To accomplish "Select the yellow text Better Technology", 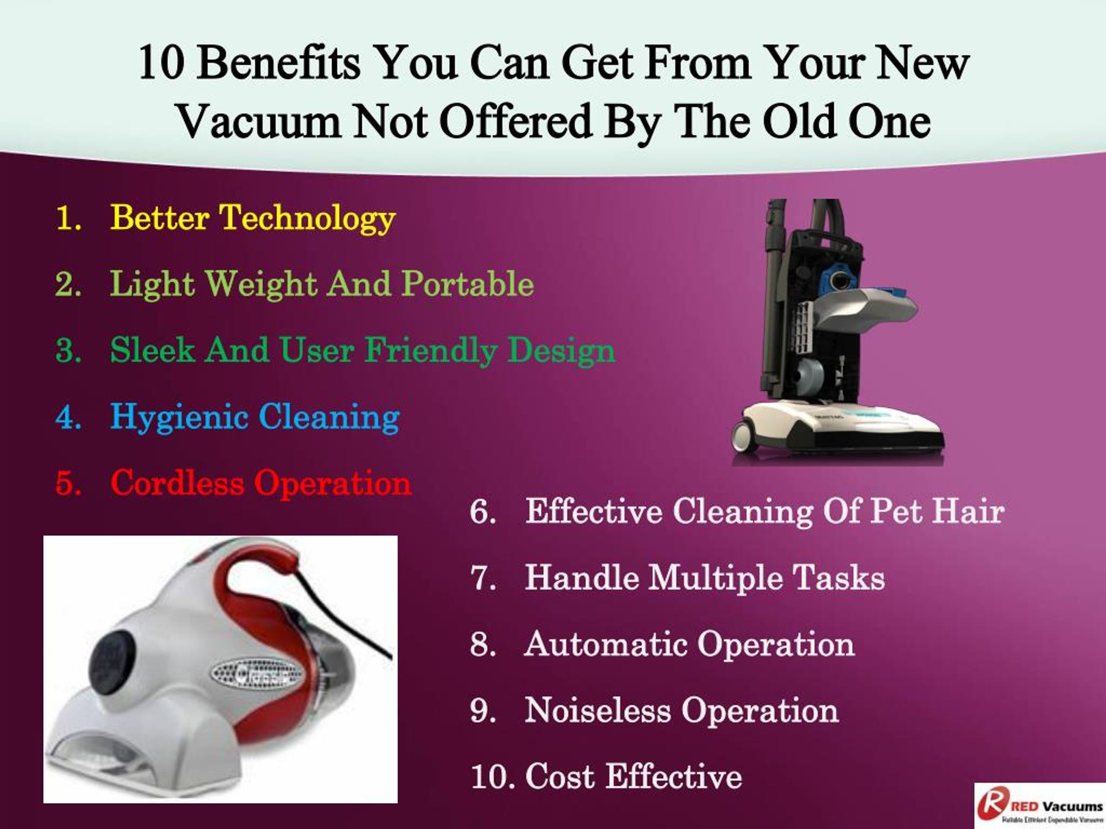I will click(x=252, y=218).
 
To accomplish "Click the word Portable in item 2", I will click(x=467, y=284).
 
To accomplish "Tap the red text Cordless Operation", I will click(x=261, y=483).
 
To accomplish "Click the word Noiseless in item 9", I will click(x=597, y=710).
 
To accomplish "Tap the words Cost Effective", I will click(x=633, y=776).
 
